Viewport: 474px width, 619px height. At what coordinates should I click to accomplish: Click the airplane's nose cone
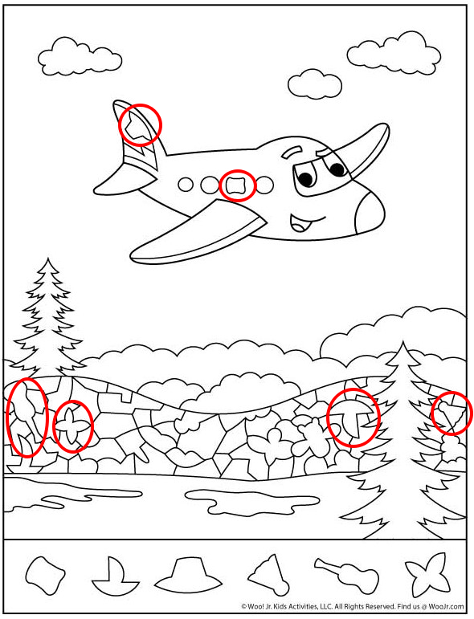[x=370, y=213]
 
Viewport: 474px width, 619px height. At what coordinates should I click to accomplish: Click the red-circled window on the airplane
[x=237, y=185]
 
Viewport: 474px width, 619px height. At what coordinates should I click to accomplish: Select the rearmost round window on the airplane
[x=186, y=184]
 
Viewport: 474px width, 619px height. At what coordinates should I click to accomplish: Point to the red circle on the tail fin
[x=141, y=125]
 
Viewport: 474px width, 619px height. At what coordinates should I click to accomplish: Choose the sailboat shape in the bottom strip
[x=115, y=575]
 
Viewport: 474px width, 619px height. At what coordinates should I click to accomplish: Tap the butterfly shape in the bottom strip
[x=427, y=573]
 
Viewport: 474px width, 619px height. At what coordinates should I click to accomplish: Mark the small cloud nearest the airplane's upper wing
[x=315, y=83]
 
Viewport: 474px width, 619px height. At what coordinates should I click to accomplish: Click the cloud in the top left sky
[x=80, y=56]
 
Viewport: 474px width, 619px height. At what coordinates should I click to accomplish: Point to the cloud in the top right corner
[x=394, y=54]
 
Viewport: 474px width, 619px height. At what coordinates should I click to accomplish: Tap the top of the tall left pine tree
[x=47, y=259]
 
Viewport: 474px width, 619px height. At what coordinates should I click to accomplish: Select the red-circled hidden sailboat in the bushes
[x=353, y=417]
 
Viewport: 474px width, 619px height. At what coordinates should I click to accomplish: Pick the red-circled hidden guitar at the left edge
[x=26, y=417]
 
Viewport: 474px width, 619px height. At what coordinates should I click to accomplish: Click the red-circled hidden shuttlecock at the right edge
[x=451, y=413]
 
